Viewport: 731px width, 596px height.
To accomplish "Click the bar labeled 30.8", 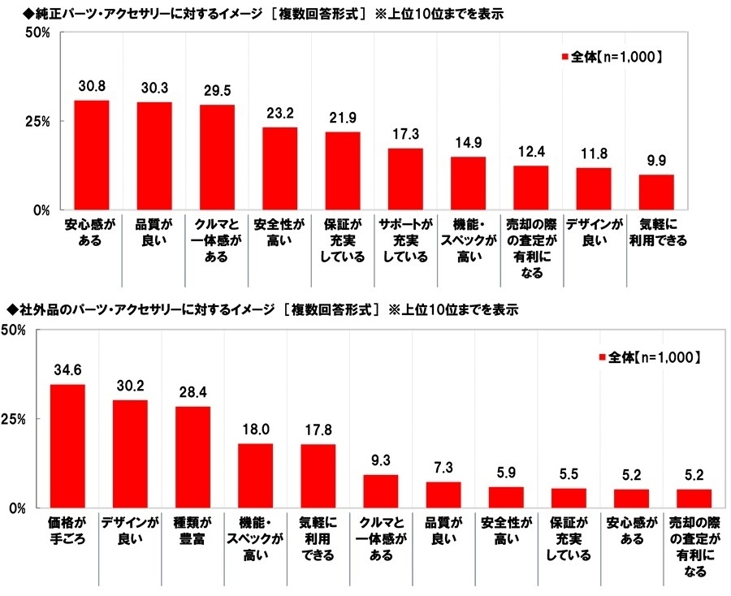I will [x=91, y=154].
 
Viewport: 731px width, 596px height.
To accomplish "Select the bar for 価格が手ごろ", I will [x=67, y=446].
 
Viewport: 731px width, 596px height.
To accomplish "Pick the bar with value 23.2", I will [x=279, y=168].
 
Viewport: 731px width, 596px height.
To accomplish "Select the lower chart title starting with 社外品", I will [x=260, y=309].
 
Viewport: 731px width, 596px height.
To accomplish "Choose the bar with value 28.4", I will [x=192, y=457].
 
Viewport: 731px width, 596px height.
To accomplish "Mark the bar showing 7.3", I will [x=443, y=495].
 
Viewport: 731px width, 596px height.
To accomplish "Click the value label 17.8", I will [x=318, y=430].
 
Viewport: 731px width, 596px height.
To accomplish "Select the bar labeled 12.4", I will [x=530, y=188].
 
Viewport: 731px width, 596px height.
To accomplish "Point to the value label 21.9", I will [x=342, y=118].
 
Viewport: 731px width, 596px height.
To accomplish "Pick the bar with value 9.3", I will [x=380, y=491].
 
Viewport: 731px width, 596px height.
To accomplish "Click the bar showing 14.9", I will [x=468, y=183].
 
